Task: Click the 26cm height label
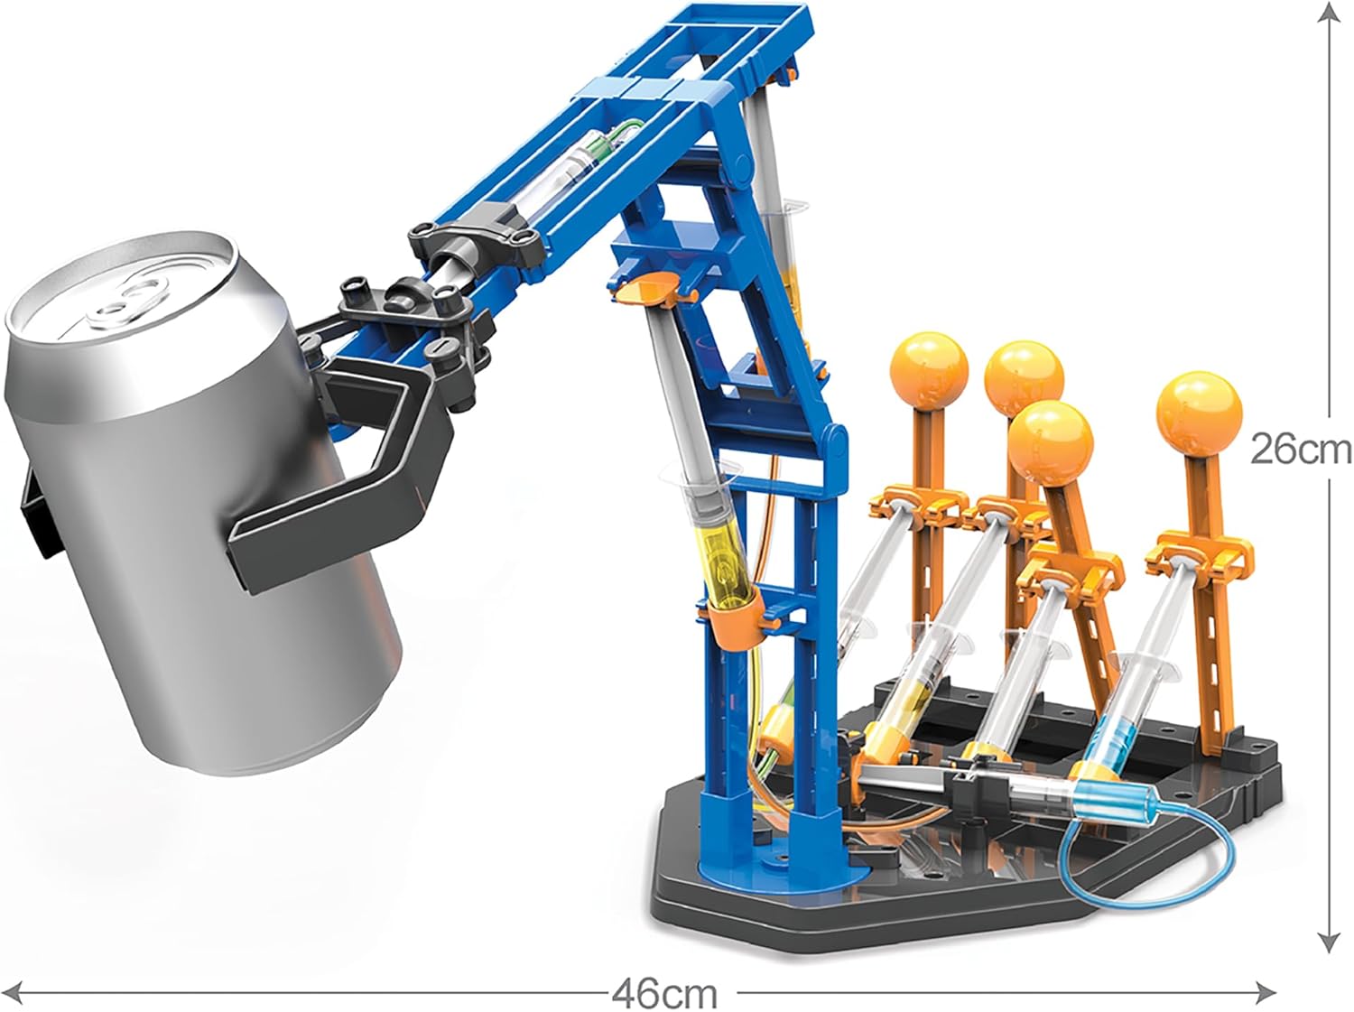[1301, 450]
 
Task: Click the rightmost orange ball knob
[1199, 410]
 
